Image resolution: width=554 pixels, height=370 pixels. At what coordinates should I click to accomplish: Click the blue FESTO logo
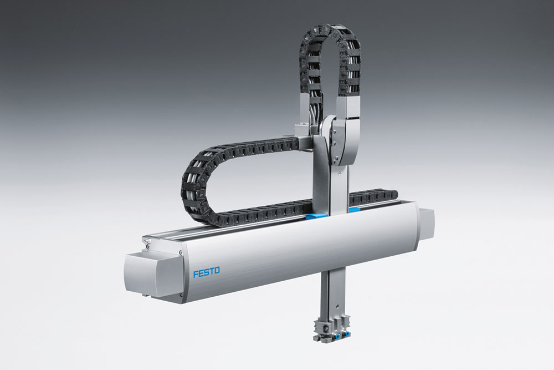coord(206,272)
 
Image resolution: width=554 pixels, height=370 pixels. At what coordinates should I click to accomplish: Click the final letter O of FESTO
coord(216,271)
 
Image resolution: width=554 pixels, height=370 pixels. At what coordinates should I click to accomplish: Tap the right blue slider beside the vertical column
coord(354,210)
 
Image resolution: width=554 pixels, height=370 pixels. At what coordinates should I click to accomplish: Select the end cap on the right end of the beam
coord(427,224)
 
